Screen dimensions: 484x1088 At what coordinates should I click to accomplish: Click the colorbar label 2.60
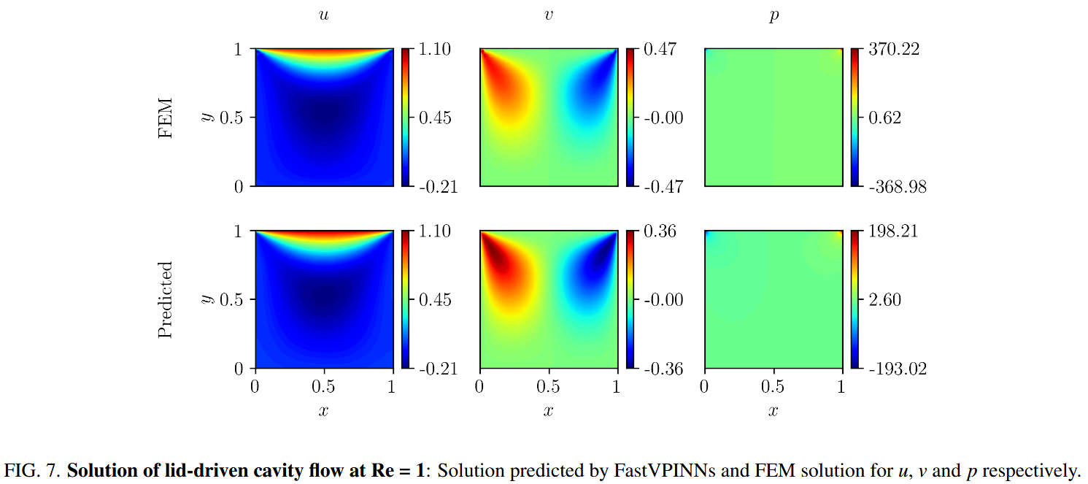[884, 300]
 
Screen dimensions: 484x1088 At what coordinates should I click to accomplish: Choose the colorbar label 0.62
[884, 118]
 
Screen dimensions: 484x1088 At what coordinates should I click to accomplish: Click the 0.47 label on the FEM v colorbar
[659, 50]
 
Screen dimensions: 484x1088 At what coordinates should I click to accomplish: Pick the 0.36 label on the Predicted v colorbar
[659, 231]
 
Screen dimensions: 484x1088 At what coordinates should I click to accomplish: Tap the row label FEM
[166, 118]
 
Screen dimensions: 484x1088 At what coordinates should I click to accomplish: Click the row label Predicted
[166, 299]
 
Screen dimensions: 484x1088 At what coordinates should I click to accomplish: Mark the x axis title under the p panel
[773, 411]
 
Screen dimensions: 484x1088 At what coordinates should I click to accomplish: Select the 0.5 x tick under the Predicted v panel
[548, 387]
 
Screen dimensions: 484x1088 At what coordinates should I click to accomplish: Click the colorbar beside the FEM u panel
[406, 118]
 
